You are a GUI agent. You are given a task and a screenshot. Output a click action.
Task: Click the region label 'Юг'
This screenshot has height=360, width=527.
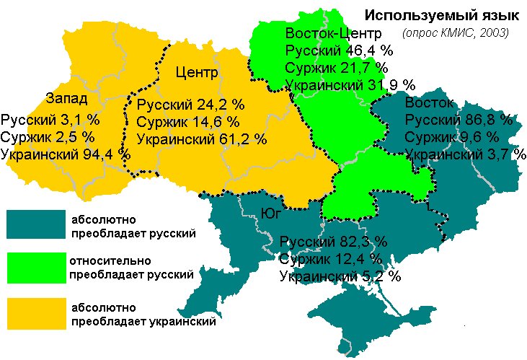(x=269, y=211)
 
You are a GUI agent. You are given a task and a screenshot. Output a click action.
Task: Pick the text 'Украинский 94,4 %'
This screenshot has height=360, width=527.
(x=66, y=153)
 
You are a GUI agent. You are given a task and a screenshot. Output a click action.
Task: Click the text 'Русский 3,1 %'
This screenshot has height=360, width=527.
(x=50, y=118)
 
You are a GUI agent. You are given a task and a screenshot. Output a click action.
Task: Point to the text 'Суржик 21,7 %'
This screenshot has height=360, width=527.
(x=336, y=68)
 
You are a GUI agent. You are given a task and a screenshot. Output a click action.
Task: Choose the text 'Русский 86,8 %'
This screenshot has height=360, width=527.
(x=459, y=119)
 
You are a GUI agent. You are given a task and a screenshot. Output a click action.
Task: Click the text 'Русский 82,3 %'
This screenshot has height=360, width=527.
(x=333, y=241)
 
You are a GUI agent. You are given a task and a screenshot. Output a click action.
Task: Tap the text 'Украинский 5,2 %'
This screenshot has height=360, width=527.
(x=340, y=276)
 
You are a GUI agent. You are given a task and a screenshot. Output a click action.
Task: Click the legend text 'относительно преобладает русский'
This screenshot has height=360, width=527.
(x=131, y=267)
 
